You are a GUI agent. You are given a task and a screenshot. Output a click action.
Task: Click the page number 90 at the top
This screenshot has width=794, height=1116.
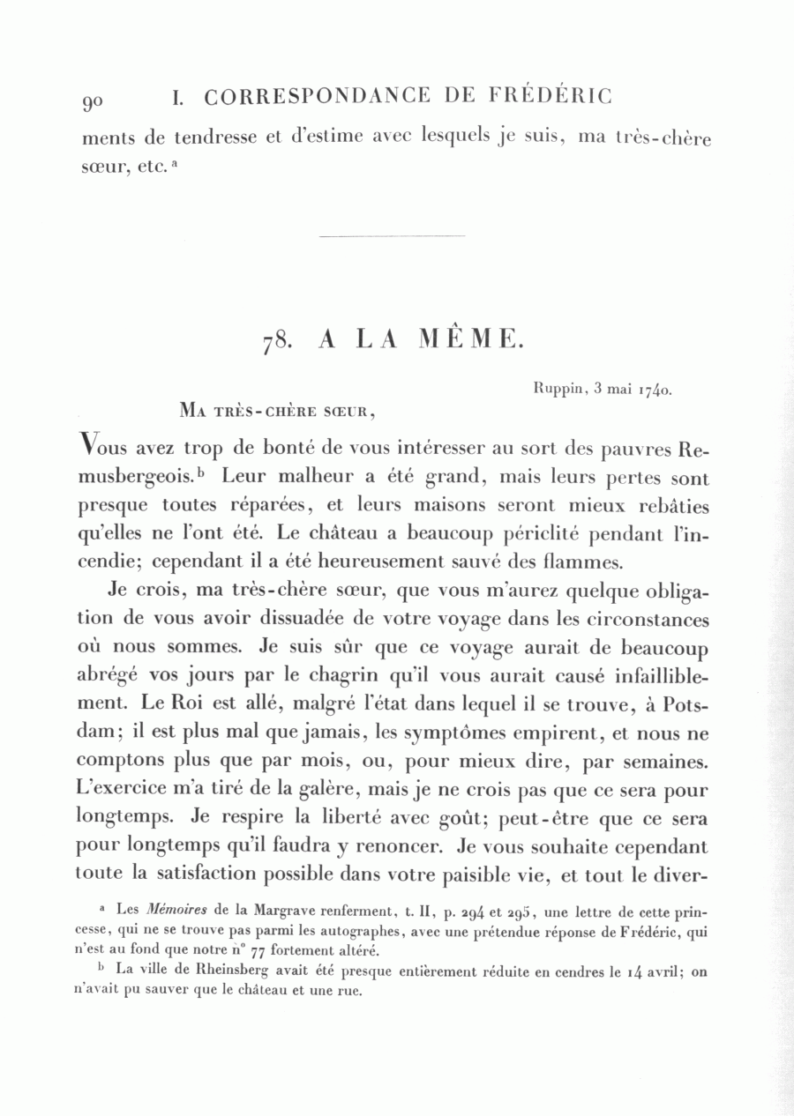coord(93,101)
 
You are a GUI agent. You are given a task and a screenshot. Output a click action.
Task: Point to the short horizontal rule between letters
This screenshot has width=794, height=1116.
coord(391,236)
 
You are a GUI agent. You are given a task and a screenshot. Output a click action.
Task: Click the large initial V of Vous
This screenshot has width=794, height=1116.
coord(88,446)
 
